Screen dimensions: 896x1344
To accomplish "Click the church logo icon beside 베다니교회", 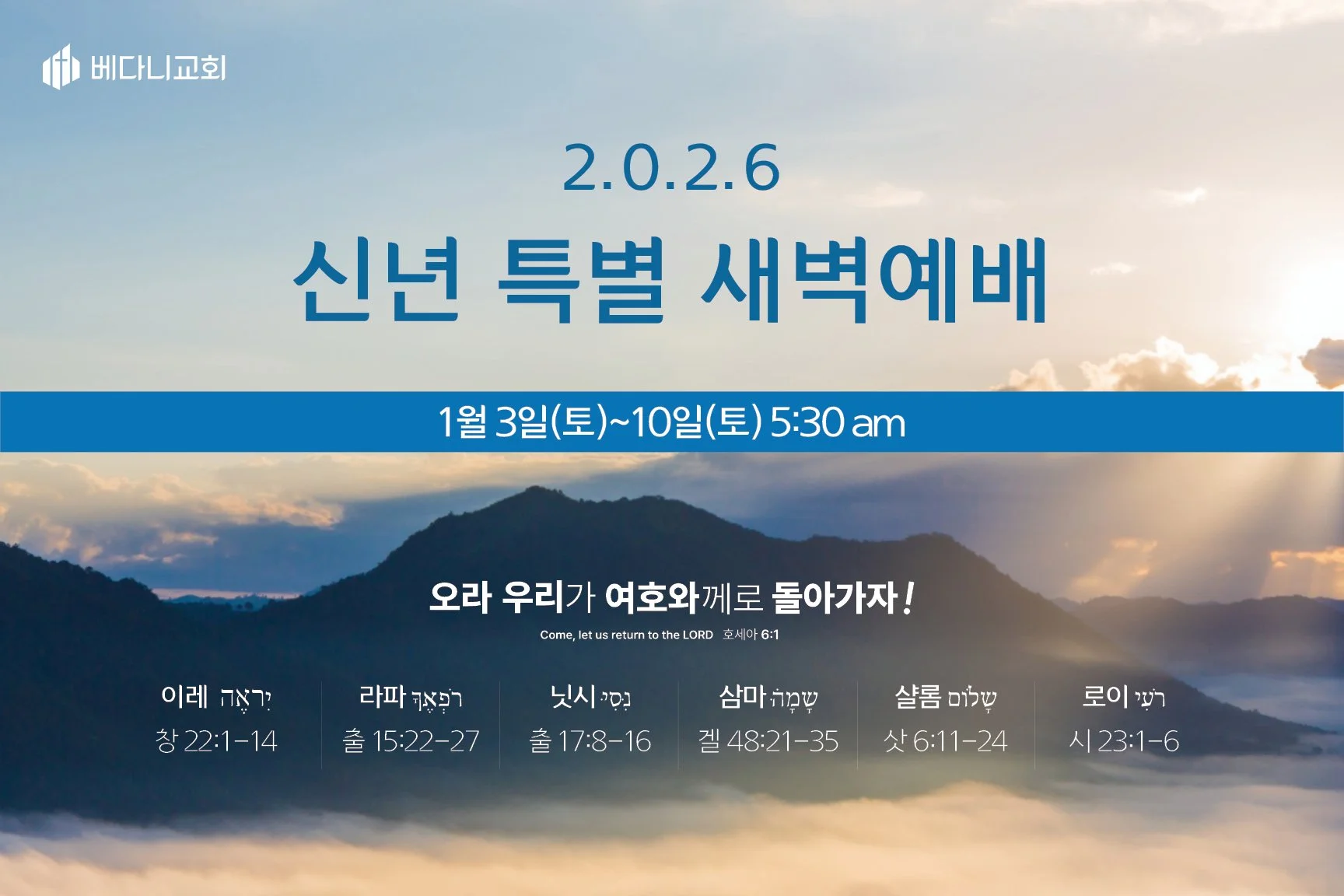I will [x=60, y=67].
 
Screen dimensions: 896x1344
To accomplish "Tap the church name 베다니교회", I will [x=158, y=68].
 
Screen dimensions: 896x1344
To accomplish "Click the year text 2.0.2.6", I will [x=670, y=167].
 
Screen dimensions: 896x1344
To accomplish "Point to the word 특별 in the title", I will [x=581, y=280].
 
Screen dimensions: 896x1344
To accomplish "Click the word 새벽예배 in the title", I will [x=873, y=280].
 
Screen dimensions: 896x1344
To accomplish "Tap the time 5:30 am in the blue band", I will [x=838, y=422].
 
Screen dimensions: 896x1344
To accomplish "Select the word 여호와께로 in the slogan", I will [x=684, y=597].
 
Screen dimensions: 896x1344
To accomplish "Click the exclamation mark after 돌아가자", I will [x=909, y=597].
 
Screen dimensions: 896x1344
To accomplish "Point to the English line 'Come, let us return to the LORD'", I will [x=626, y=635].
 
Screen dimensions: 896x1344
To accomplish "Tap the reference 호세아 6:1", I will [x=751, y=635].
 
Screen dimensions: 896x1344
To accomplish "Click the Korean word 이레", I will [x=184, y=696].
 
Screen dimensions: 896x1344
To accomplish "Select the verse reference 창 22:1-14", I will [x=216, y=741].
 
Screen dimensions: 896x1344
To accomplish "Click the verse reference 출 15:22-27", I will [x=411, y=741].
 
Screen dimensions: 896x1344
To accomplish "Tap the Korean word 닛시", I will [x=572, y=696].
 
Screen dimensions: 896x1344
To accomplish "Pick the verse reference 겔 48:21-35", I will [x=768, y=741].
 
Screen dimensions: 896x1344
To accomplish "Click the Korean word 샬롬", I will [x=918, y=696].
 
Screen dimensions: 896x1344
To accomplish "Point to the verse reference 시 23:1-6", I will [x=1124, y=741].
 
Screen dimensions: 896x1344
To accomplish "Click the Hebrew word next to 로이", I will [x=1150, y=698].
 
